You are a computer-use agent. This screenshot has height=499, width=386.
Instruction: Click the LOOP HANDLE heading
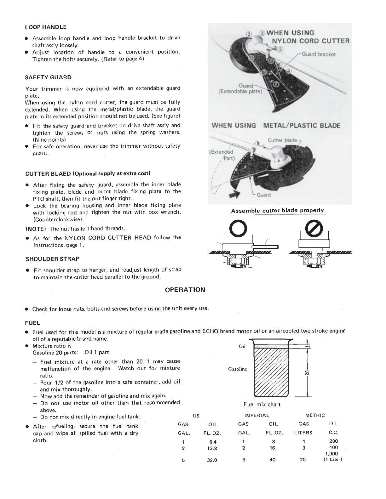(45, 27)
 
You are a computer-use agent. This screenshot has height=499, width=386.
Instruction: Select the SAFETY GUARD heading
(48, 77)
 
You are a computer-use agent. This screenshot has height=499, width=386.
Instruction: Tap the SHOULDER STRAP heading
(52, 259)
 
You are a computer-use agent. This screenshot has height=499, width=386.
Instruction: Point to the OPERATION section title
(185, 290)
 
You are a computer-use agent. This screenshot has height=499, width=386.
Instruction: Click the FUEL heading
(32, 323)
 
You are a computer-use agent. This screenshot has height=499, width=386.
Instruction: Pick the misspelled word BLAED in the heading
(61, 173)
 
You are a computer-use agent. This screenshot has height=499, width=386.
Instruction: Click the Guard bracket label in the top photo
(318, 54)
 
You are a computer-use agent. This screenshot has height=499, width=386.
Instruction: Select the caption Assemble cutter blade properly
(277, 211)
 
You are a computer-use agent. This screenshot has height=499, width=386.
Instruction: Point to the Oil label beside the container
(242, 347)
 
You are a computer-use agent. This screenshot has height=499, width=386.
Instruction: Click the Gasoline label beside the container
(238, 369)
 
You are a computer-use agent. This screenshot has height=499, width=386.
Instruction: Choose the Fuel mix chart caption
(262, 405)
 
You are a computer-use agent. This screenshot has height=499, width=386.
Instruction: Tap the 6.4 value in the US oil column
(213, 442)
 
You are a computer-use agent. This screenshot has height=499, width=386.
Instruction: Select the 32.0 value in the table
(212, 460)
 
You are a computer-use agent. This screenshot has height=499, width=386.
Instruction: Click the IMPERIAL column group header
(256, 416)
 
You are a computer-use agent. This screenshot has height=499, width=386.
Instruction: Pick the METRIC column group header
(315, 416)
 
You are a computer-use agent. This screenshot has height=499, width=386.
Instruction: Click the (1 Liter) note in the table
(332, 459)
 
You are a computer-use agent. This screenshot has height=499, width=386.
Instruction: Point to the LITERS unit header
(303, 433)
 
